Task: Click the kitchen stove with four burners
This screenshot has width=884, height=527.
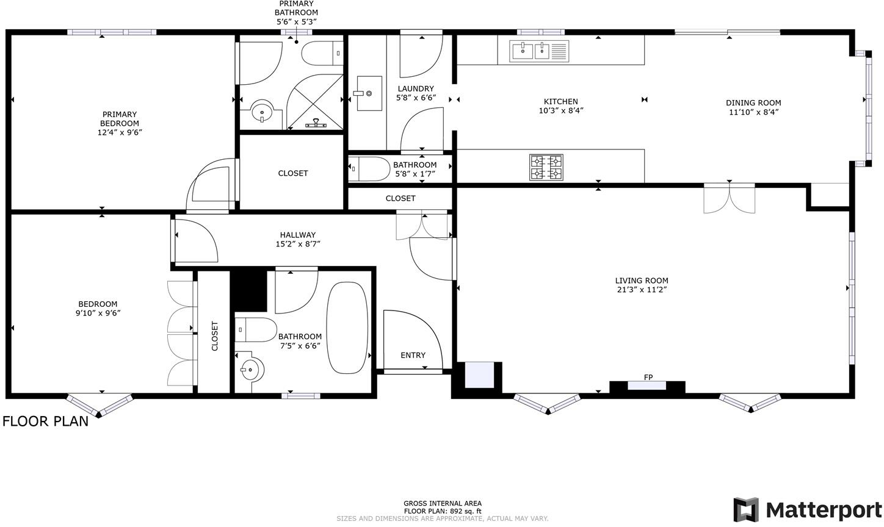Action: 546,168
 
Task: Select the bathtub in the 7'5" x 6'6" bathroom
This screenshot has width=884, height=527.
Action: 347,328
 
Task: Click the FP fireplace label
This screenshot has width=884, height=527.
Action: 648,378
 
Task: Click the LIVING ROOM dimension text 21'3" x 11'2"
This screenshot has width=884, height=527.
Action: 642,290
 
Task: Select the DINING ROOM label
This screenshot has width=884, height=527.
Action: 753,102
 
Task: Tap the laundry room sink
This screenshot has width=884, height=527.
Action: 369,94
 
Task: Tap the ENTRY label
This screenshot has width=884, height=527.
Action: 413,355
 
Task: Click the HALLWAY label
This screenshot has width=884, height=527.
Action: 298,235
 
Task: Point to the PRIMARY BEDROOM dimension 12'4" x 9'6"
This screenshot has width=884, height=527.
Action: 120,132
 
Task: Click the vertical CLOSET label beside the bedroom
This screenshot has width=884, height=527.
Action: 214,336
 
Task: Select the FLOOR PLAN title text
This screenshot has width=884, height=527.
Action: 46,421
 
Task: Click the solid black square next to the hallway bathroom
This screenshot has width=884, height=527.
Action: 248,290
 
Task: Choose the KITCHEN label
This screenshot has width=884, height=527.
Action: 560,101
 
